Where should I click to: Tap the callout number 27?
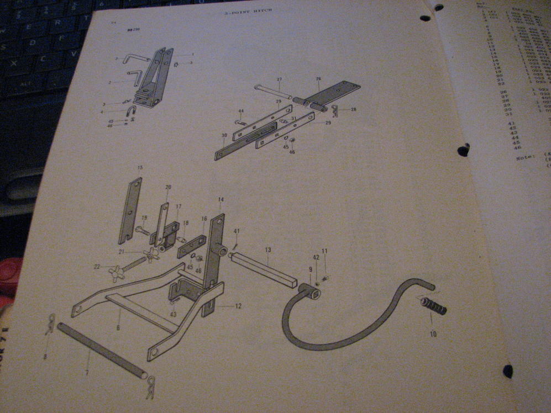click(x=279, y=80)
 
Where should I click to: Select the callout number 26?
click(x=318, y=79)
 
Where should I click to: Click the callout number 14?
click(x=221, y=199)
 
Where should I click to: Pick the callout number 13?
click(x=267, y=250)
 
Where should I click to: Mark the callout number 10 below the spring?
click(x=433, y=333)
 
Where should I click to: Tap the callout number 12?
click(x=238, y=306)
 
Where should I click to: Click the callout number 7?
click(x=87, y=373)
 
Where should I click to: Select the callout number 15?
click(x=140, y=167)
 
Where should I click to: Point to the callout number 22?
click(x=97, y=267)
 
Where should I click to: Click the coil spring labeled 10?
click(x=434, y=305)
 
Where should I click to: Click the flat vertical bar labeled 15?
click(x=130, y=210)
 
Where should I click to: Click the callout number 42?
click(x=316, y=257)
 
